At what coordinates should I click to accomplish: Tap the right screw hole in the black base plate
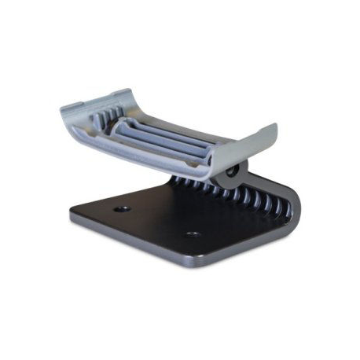190,234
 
